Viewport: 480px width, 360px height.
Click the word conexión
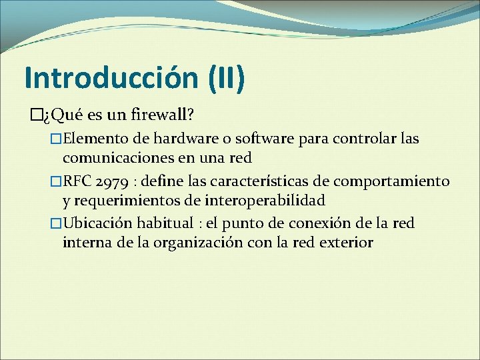tap(327, 223)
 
